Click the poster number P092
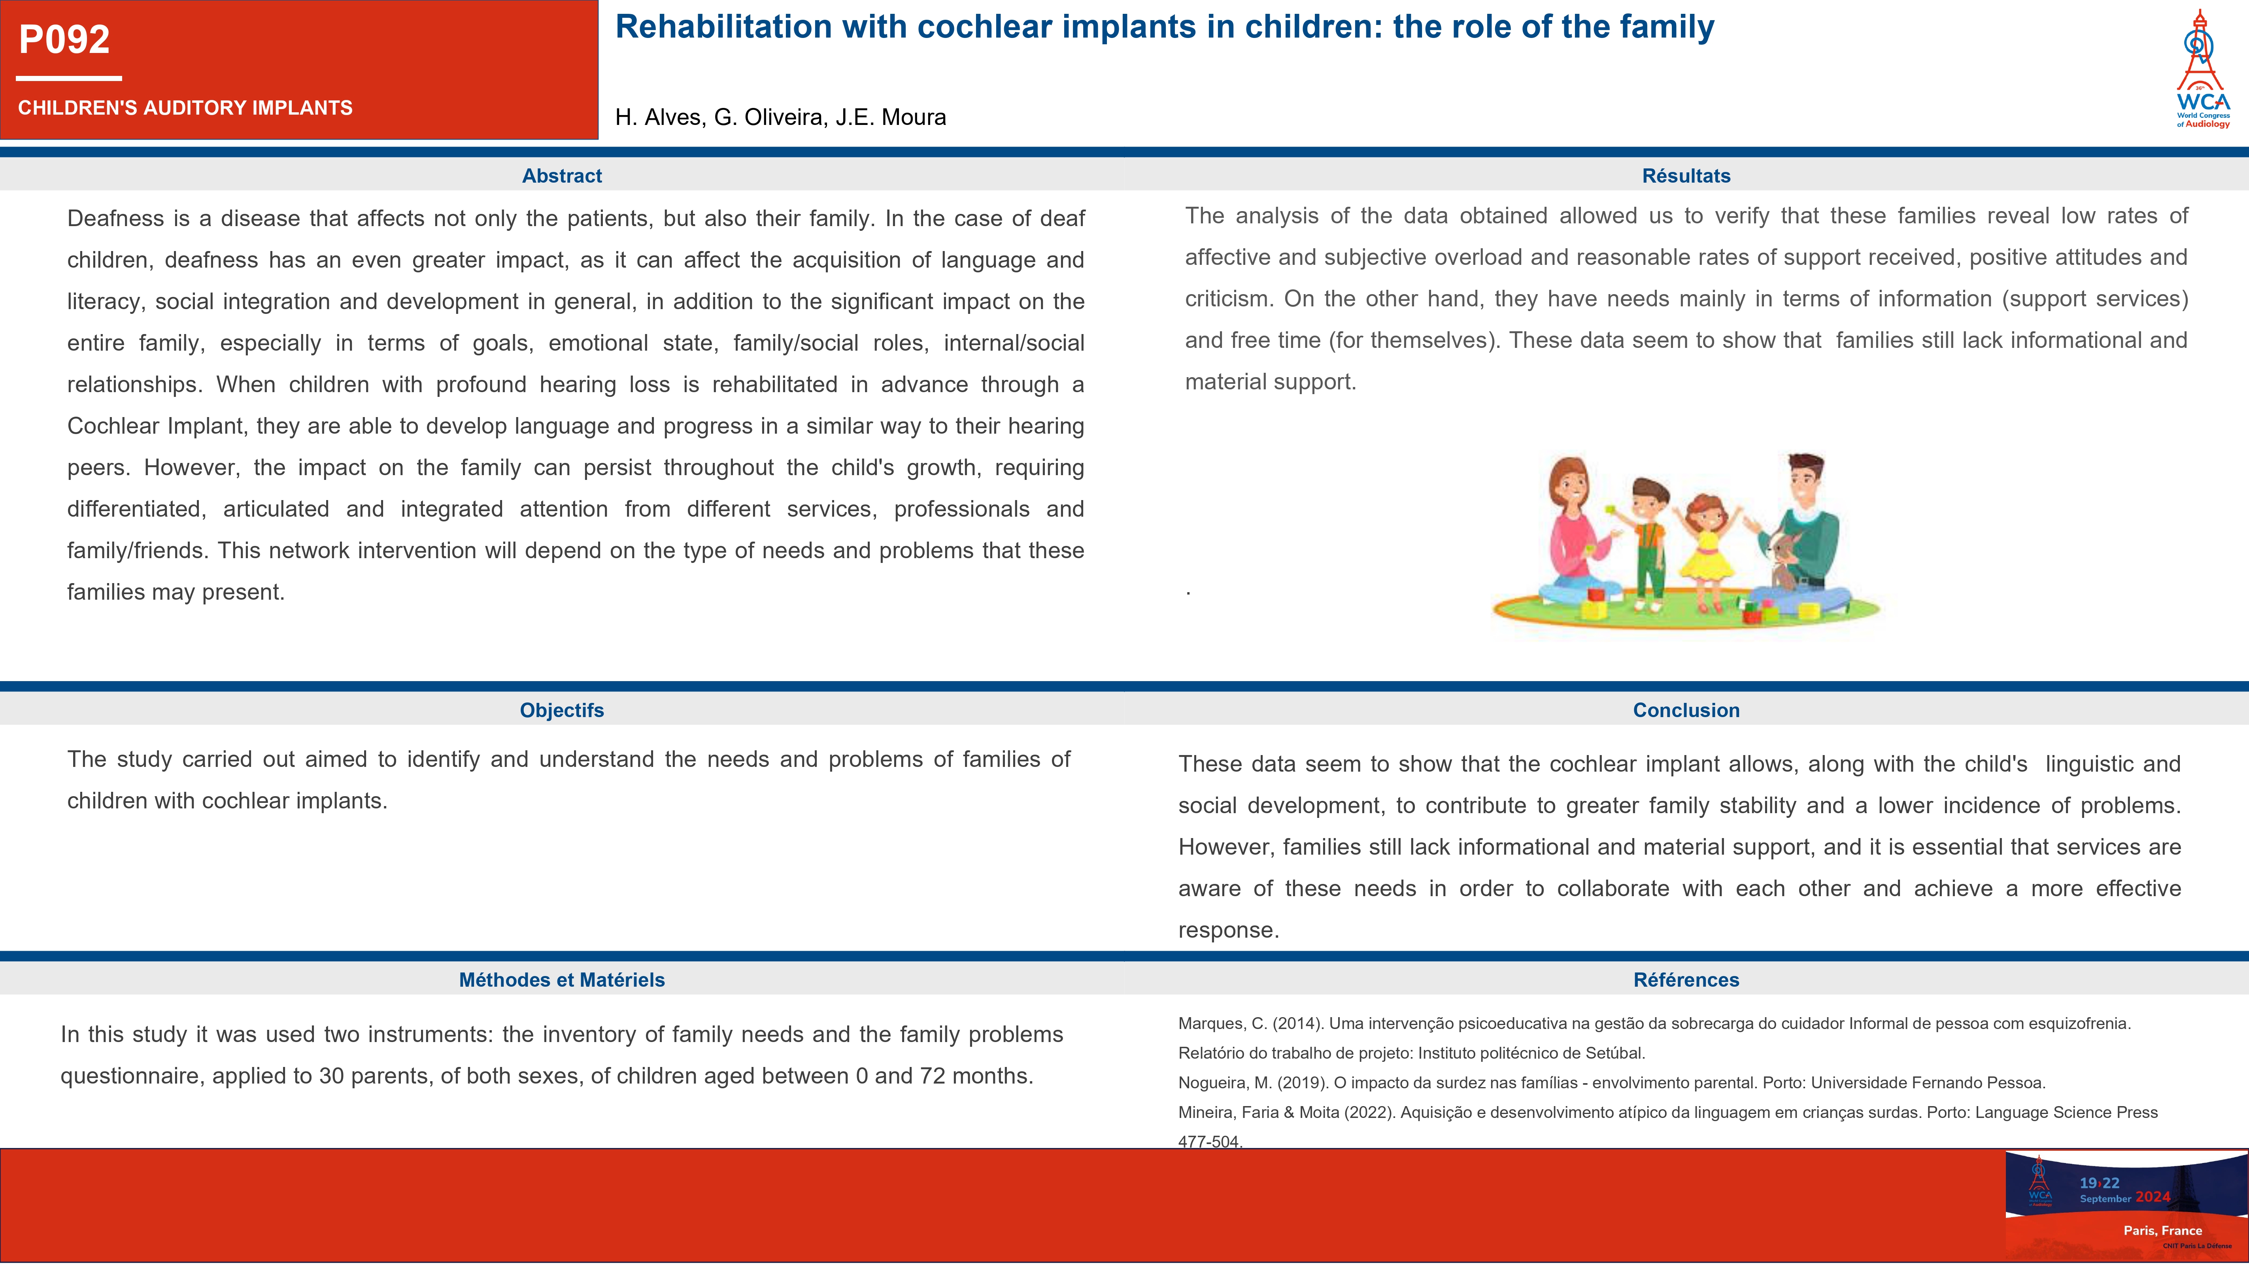coord(64,39)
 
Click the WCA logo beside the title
coord(2202,70)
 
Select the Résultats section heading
coord(1686,176)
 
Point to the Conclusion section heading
coord(1686,710)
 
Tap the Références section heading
coord(1686,980)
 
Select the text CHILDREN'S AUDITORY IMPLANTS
coord(185,108)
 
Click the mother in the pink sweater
coord(1571,532)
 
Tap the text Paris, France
coord(2162,1230)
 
